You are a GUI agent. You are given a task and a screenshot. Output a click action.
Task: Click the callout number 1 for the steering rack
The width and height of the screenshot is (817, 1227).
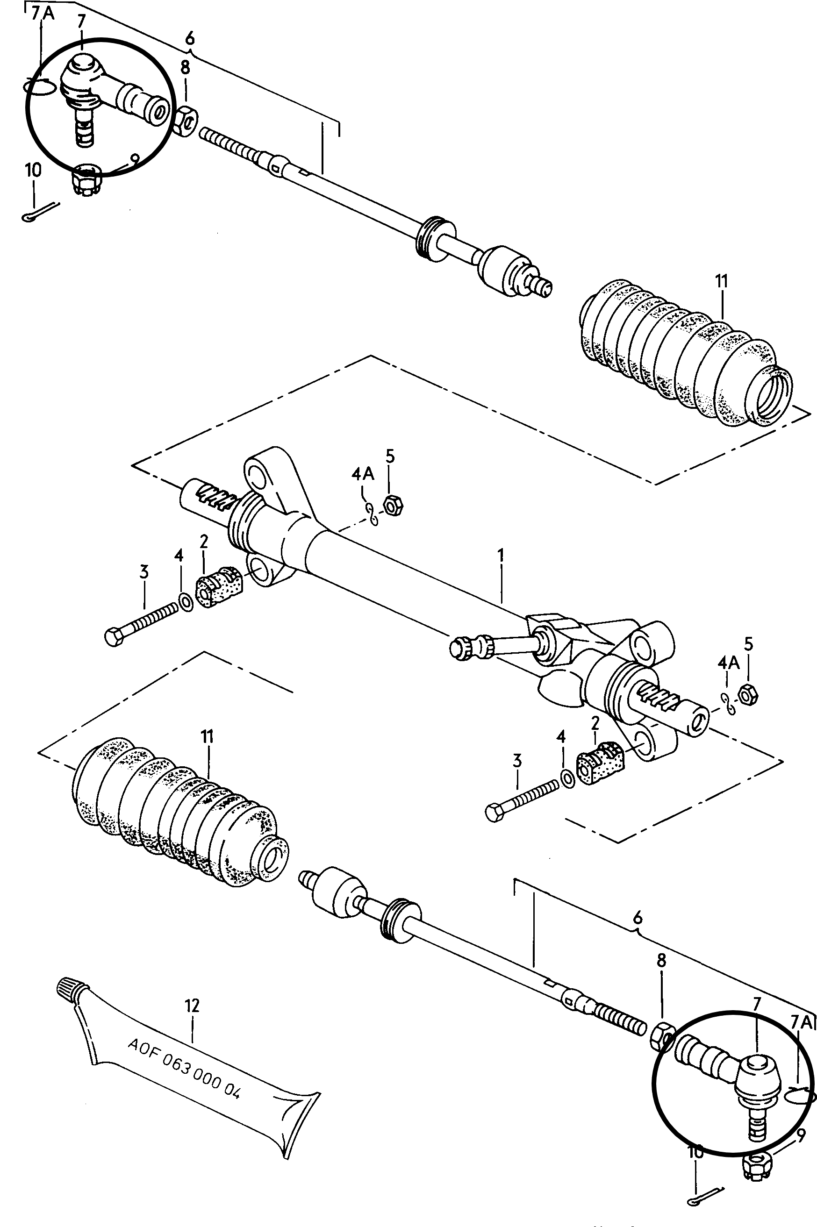click(x=501, y=555)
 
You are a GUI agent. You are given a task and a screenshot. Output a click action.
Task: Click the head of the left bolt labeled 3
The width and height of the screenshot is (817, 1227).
click(x=115, y=637)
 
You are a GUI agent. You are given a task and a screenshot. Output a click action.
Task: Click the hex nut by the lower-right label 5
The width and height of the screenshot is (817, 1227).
click(x=749, y=694)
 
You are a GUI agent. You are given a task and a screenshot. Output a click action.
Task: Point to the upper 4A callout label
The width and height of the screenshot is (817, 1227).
click(x=363, y=474)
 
